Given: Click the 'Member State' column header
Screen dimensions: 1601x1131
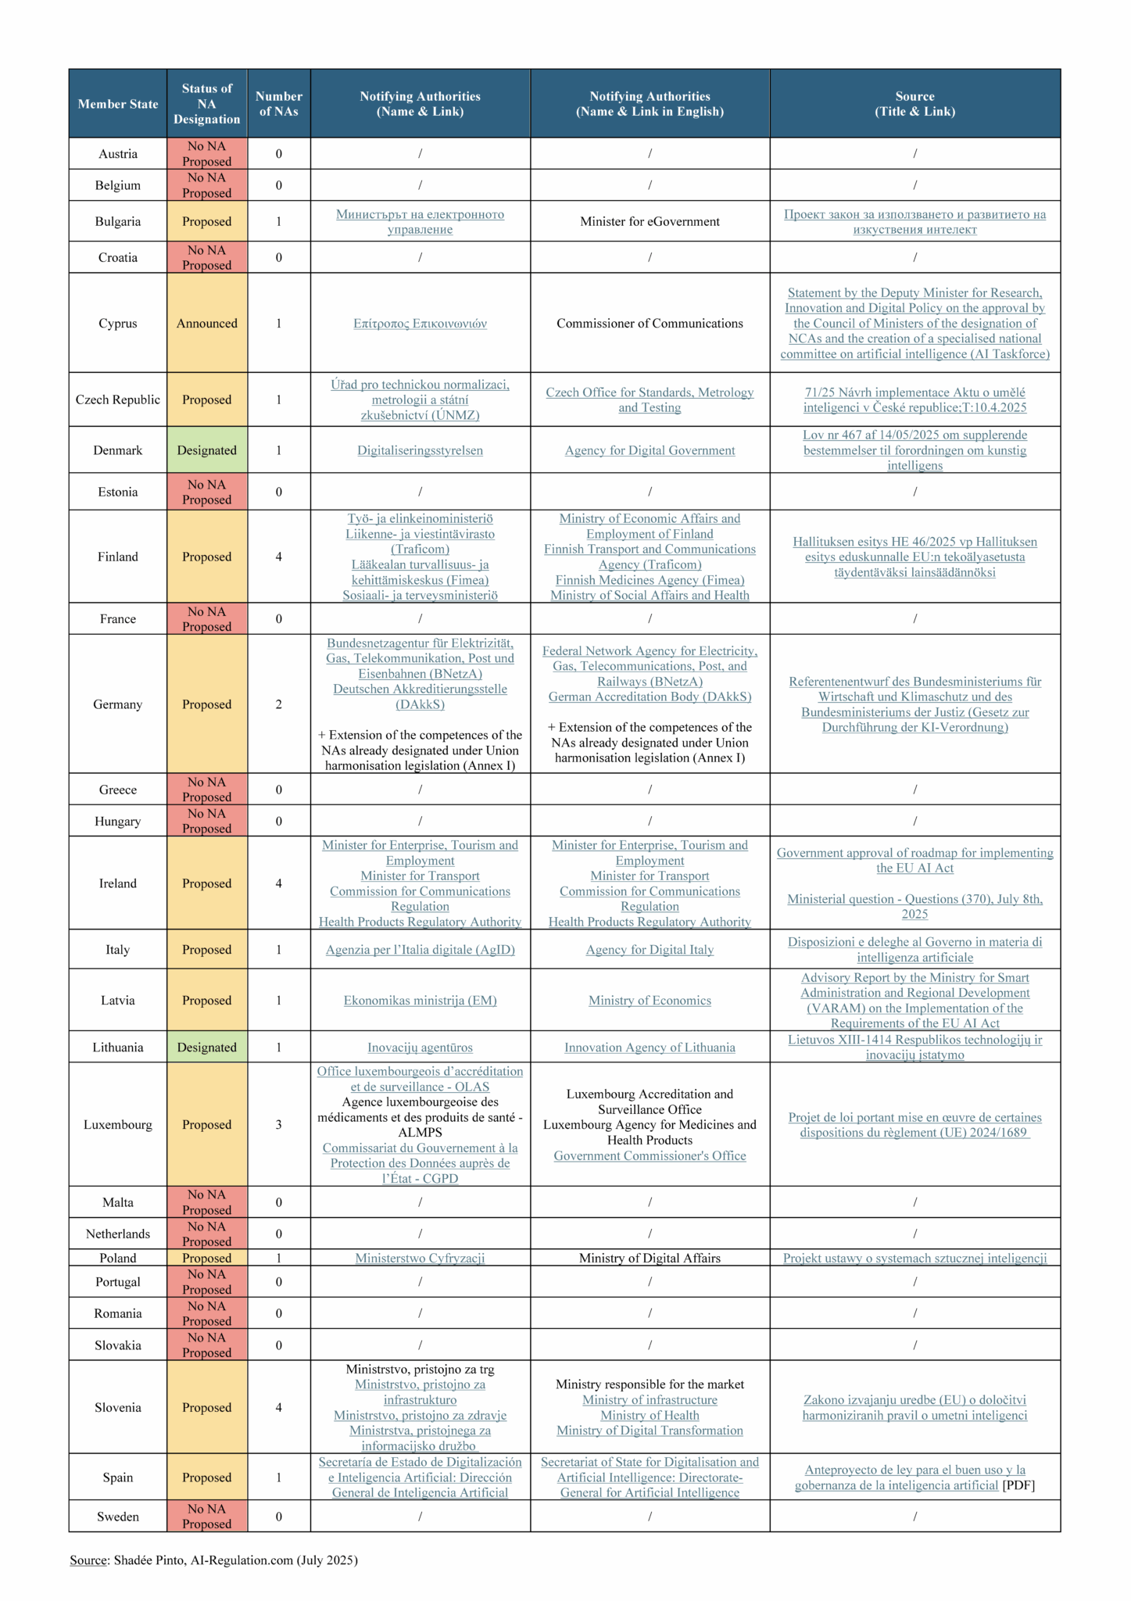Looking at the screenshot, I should click(118, 104).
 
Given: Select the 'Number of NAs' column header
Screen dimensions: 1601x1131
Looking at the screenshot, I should click(278, 104).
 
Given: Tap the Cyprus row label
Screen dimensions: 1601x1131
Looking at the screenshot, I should click(118, 324).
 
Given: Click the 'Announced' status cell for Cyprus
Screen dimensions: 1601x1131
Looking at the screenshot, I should click(206, 324).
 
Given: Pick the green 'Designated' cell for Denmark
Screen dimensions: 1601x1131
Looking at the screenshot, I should click(206, 450).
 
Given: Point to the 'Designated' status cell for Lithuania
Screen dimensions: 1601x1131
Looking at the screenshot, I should click(206, 1048).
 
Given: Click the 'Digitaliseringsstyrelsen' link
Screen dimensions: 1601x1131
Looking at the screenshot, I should click(420, 450).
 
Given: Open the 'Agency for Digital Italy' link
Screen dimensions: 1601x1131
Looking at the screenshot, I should click(650, 950).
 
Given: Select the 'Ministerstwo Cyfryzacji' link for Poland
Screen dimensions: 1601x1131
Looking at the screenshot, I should click(420, 1258).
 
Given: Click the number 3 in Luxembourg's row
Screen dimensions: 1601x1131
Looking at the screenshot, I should click(278, 1125).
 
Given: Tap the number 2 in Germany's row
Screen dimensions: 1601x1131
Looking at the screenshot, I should click(278, 704).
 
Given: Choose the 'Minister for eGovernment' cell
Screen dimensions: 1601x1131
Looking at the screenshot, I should click(650, 222).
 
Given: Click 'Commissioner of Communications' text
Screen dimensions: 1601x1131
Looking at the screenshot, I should click(650, 324).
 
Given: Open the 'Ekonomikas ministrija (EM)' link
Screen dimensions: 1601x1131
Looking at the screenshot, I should click(420, 1001).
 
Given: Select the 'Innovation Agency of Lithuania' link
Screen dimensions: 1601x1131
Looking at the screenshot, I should click(650, 1048).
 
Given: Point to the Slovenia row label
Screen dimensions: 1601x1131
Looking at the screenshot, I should click(118, 1407).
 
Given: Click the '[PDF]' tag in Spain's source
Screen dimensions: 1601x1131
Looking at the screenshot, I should click(1018, 1485).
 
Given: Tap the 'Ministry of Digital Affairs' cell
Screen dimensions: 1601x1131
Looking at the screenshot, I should click(650, 1258).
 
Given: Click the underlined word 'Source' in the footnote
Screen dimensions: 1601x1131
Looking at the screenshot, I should click(88, 1560).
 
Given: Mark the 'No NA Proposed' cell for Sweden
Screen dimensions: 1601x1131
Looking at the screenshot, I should click(206, 1517).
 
